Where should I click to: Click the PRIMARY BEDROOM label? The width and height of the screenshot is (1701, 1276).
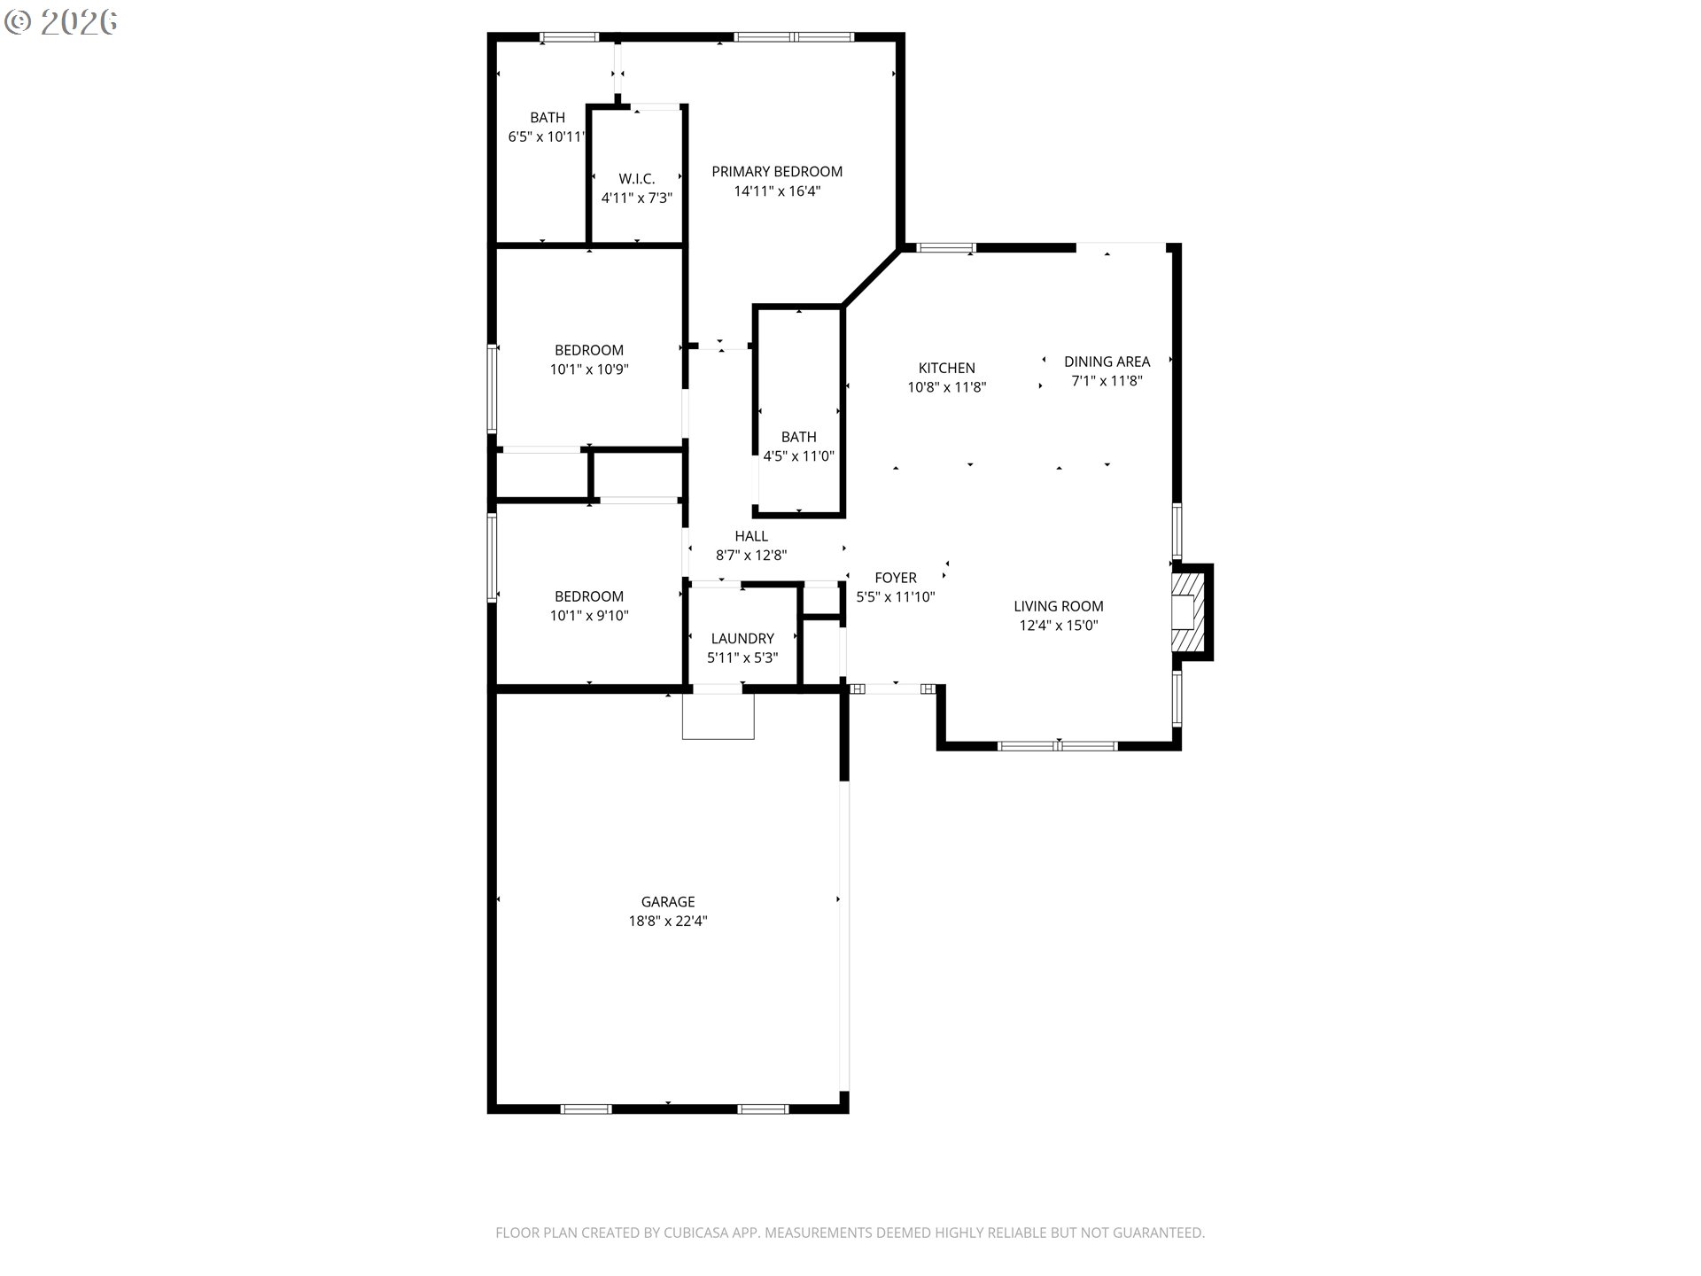pos(777,172)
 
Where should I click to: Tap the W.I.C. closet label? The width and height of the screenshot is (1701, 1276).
pos(637,179)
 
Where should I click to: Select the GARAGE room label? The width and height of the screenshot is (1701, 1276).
pos(668,902)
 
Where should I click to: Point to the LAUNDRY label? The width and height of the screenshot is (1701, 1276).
pos(742,638)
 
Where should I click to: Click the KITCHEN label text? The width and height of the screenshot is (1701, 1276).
pos(946,368)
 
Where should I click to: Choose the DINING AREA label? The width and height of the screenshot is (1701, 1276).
pos(1107,362)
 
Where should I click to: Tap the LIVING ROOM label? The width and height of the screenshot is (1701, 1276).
pos(1059,606)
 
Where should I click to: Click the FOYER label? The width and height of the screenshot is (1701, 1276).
pos(896,578)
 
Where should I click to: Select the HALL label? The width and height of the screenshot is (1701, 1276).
pos(751,536)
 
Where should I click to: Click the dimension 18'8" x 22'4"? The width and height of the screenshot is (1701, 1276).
pos(668,922)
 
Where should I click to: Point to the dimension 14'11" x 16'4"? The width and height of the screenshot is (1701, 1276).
pos(777,191)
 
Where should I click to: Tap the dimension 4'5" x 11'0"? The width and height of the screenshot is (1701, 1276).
pos(799,456)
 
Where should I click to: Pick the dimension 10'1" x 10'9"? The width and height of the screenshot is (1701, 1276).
pos(589,370)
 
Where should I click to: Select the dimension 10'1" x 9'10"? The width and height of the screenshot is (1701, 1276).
pos(589,616)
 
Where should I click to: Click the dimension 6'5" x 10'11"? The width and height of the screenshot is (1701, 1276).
pos(546,137)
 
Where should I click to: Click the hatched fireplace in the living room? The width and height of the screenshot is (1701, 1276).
pos(1184,612)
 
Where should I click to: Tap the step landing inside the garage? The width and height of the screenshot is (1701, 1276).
pos(718,716)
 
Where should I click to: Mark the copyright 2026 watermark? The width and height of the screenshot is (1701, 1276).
pos(61,22)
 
